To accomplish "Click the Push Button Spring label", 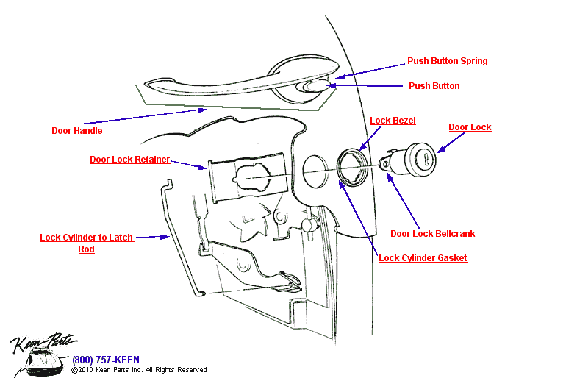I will pos(448,61).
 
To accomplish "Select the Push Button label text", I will pos(434,86).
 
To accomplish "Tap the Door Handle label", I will pos(77,131).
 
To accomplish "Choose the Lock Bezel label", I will pos(393,121).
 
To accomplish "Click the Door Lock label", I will pos(470,127).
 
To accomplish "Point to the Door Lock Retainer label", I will pos(130,159).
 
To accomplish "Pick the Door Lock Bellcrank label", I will pos(432,234).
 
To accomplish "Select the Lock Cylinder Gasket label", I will pos(423,258).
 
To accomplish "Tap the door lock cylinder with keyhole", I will pos(415,159).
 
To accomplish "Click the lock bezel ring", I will pos(351,166).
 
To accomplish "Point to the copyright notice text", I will pos(139,370).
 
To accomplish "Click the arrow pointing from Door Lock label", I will pos(443,146).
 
